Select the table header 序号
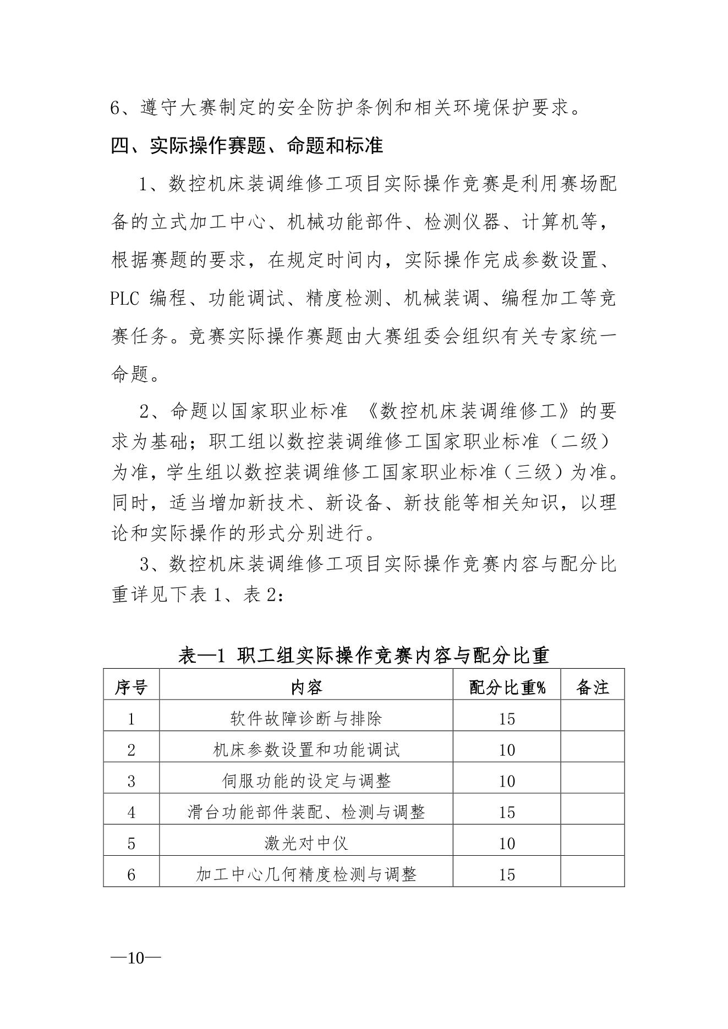131,687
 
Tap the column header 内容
306,687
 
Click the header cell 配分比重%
507,687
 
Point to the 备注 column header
593,687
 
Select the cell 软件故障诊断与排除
306,718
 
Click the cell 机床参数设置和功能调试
306,750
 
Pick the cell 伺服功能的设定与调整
306,781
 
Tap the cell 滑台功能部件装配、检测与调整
306,812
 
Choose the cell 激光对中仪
306,844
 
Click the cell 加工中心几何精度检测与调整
306,875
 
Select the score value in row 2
507,750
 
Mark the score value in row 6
507,875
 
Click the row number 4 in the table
131,812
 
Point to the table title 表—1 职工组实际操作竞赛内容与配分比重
364,655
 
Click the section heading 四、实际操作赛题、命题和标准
247,146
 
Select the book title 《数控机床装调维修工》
472,411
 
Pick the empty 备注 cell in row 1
593,718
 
